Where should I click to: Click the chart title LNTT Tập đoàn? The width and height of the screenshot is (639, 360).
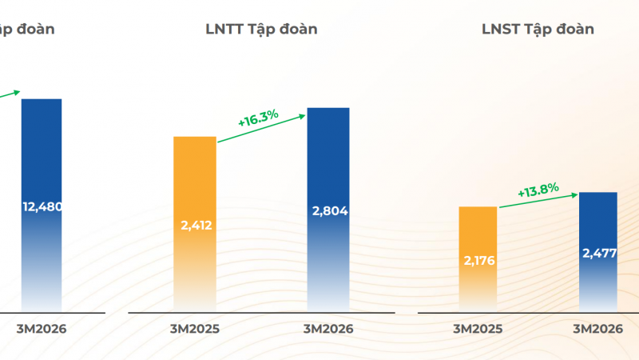click(261, 30)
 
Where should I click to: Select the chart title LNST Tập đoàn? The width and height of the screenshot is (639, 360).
click(538, 30)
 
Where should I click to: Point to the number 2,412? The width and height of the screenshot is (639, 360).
click(195, 225)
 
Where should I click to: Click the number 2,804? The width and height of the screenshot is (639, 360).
click(328, 210)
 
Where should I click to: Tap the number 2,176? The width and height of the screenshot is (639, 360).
click(478, 261)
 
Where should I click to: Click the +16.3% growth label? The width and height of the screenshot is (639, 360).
click(258, 119)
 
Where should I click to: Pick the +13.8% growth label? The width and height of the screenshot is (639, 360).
click(538, 192)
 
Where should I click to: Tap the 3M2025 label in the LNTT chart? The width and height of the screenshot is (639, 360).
click(195, 328)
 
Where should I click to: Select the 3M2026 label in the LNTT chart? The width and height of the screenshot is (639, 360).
click(328, 328)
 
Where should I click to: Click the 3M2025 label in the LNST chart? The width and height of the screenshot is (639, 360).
click(478, 328)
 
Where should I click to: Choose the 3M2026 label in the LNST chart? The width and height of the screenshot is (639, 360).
click(597, 328)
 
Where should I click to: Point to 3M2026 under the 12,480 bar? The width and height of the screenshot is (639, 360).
click(42, 328)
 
